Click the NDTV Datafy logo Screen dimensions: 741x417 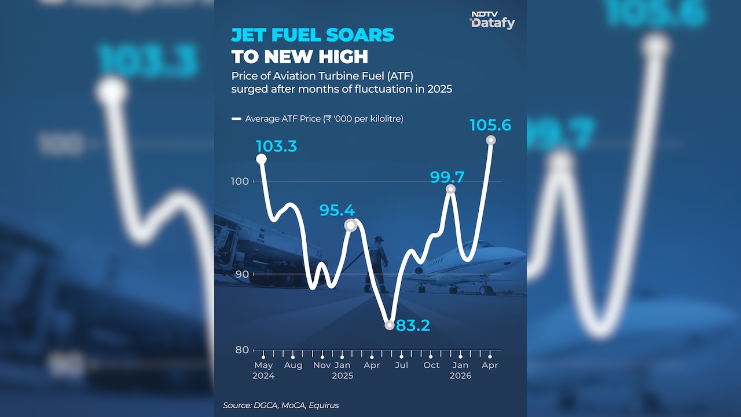pyautogui.click(x=492, y=20)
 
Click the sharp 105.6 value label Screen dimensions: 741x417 pyautogui.click(x=490, y=125)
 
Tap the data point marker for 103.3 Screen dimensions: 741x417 pyautogui.click(x=261, y=159)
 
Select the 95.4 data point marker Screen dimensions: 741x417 pyautogui.click(x=351, y=225)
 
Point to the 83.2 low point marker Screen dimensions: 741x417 pyautogui.click(x=390, y=325)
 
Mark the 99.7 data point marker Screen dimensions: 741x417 pyautogui.click(x=450, y=189)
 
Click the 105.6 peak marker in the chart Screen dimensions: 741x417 pyautogui.click(x=491, y=140)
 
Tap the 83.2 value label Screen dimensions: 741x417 pyautogui.click(x=413, y=325)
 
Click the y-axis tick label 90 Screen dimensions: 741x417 pyautogui.click(x=241, y=275)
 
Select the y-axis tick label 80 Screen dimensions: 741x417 pyautogui.click(x=242, y=350)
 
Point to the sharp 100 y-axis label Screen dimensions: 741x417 pyautogui.click(x=240, y=181)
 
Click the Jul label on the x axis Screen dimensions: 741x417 pyautogui.click(x=401, y=365)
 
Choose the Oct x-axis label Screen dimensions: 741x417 pyautogui.click(x=431, y=365)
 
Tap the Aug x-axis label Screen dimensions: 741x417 pyautogui.click(x=293, y=365)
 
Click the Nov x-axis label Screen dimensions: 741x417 pyautogui.click(x=322, y=365)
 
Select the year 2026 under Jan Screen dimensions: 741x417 pyautogui.click(x=460, y=376)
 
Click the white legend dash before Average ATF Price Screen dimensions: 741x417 pyautogui.click(x=237, y=119)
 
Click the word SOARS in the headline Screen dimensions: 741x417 pyautogui.click(x=360, y=35)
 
